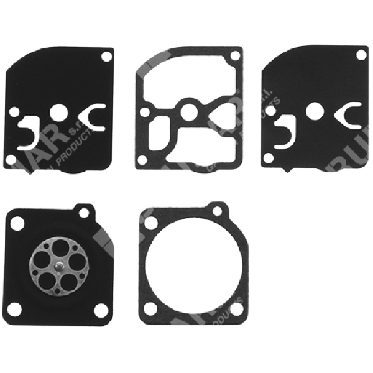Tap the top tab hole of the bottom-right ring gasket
coord(217,210)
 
